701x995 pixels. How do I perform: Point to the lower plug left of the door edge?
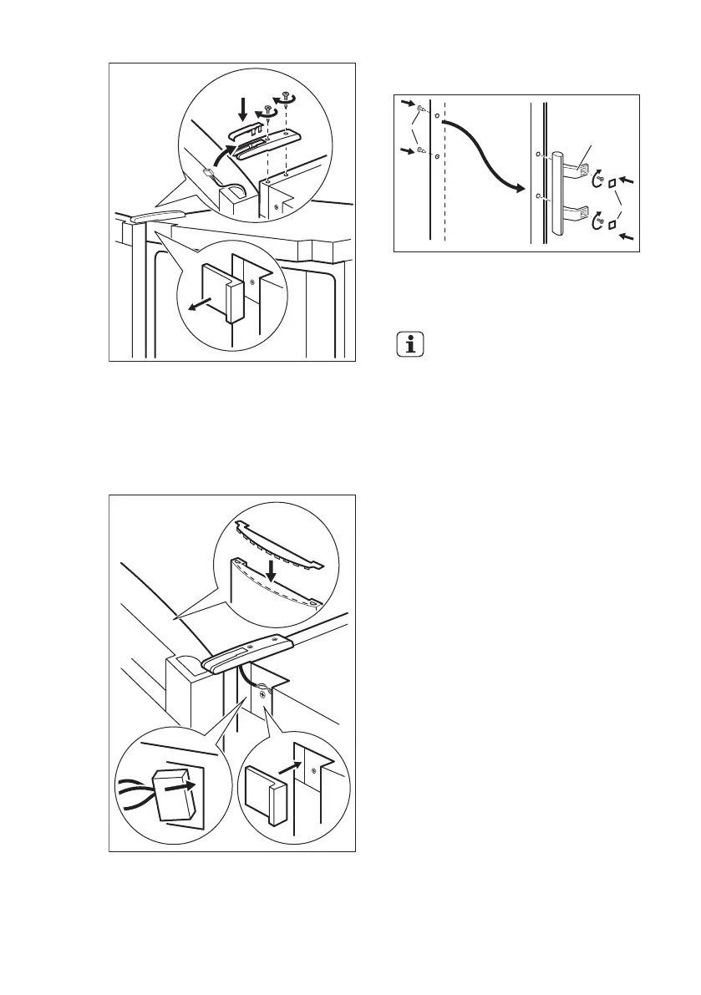(421, 150)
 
